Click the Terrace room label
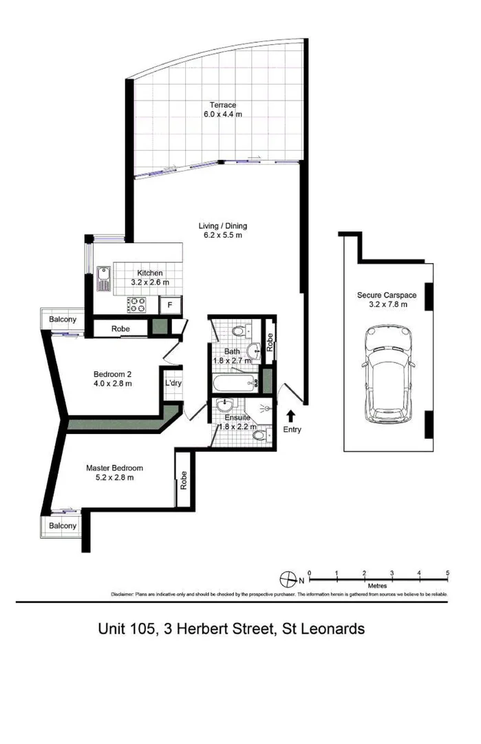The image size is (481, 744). pos(217,105)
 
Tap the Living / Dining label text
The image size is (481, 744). pos(222,226)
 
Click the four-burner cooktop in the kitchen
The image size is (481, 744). pos(136,304)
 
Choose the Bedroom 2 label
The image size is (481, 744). pos(112,375)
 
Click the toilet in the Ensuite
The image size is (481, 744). pos(257,435)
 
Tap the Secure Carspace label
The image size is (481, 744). pos(383,295)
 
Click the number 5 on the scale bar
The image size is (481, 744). pos(447,572)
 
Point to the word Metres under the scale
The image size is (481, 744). pos(378,586)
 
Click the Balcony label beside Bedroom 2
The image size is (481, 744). pos(63,320)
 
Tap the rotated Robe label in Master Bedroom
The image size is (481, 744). pos(184,479)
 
